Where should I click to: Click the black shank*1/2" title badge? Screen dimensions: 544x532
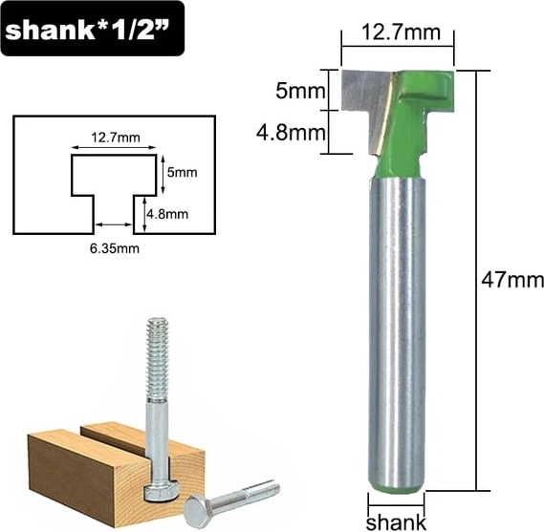[x=93, y=29]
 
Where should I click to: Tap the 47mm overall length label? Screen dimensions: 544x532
[x=512, y=280]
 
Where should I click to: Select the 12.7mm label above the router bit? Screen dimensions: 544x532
[x=401, y=32]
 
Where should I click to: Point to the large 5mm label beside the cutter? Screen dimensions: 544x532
[x=301, y=92]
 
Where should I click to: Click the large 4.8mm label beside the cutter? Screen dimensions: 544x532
[x=291, y=133]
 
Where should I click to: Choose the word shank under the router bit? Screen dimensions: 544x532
[x=396, y=521]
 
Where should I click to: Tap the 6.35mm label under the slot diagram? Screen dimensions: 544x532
[x=115, y=248]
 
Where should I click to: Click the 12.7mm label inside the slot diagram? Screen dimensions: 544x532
[x=116, y=138]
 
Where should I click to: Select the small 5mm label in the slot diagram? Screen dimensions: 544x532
[x=183, y=172]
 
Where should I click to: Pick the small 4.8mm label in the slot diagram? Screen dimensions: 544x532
[x=167, y=214]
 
